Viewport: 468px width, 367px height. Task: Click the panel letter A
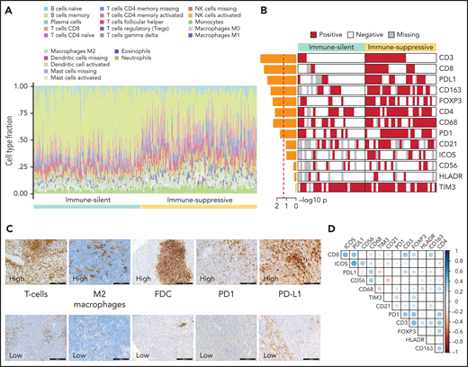pos(5,6)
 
